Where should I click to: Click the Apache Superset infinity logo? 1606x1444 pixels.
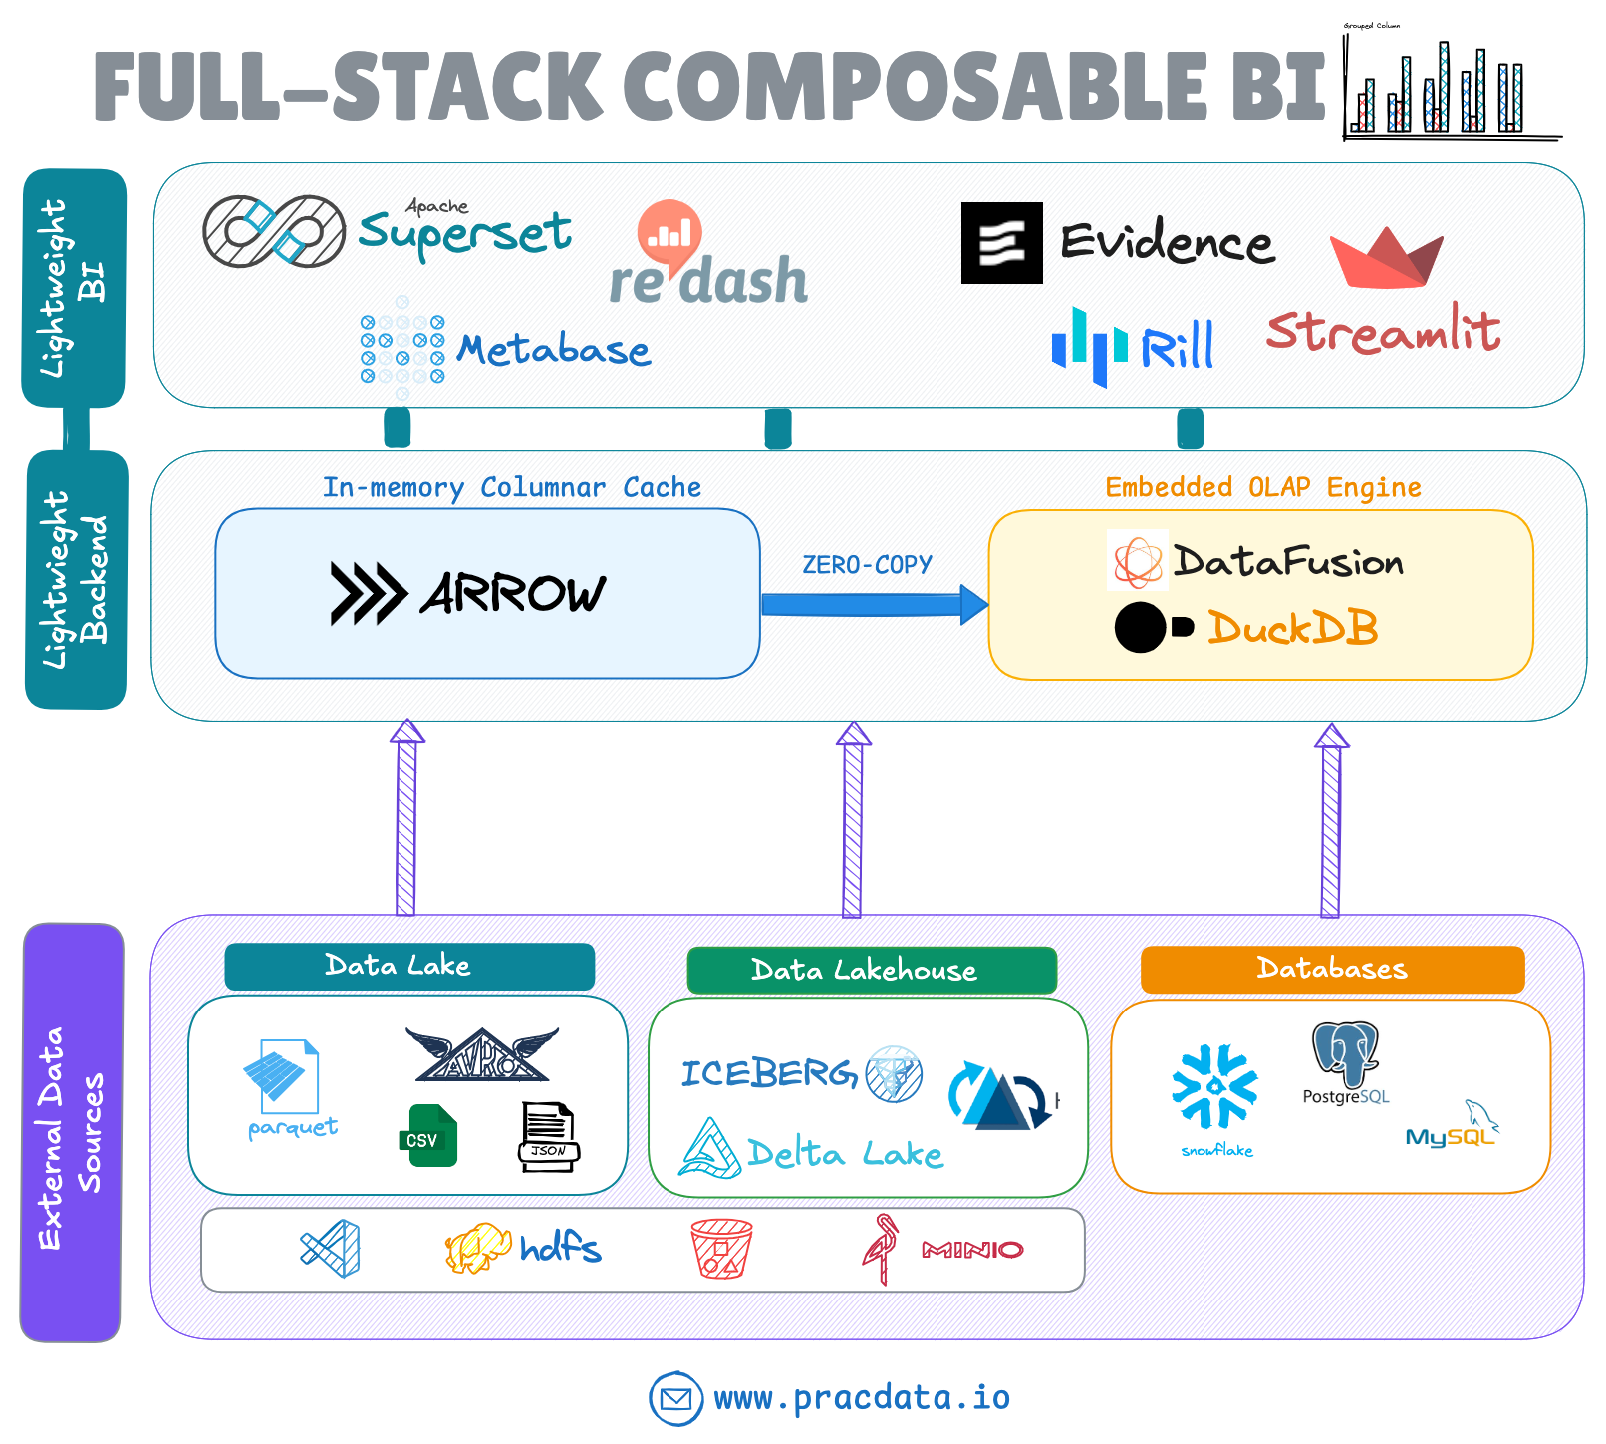(x=274, y=231)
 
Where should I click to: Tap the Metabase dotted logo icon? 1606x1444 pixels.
(x=402, y=348)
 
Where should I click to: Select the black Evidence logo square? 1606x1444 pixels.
(x=1001, y=243)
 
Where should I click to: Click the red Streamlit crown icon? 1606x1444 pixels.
(x=1386, y=258)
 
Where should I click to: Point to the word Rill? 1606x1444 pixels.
(x=1177, y=348)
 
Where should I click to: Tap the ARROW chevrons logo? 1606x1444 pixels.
(x=367, y=594)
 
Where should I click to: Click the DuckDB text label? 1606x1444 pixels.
(x=1292, y=629)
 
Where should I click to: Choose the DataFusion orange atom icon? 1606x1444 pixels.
(x=1137, y=561)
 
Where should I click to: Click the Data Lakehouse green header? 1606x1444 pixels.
(x=872, y=970)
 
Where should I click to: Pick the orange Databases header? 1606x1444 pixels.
(x=1332, y=969)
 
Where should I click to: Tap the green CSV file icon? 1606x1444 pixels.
(x=427, y=1136)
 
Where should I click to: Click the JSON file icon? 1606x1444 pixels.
(x=548, y=1136)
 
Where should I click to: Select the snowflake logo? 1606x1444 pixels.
(x=1215, y=1089)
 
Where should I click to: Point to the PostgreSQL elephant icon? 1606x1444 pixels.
(x=1345, y=1054)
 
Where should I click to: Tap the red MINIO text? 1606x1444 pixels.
(x=972, y=1250)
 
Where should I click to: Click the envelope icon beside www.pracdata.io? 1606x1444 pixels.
(x=675, y=1398)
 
